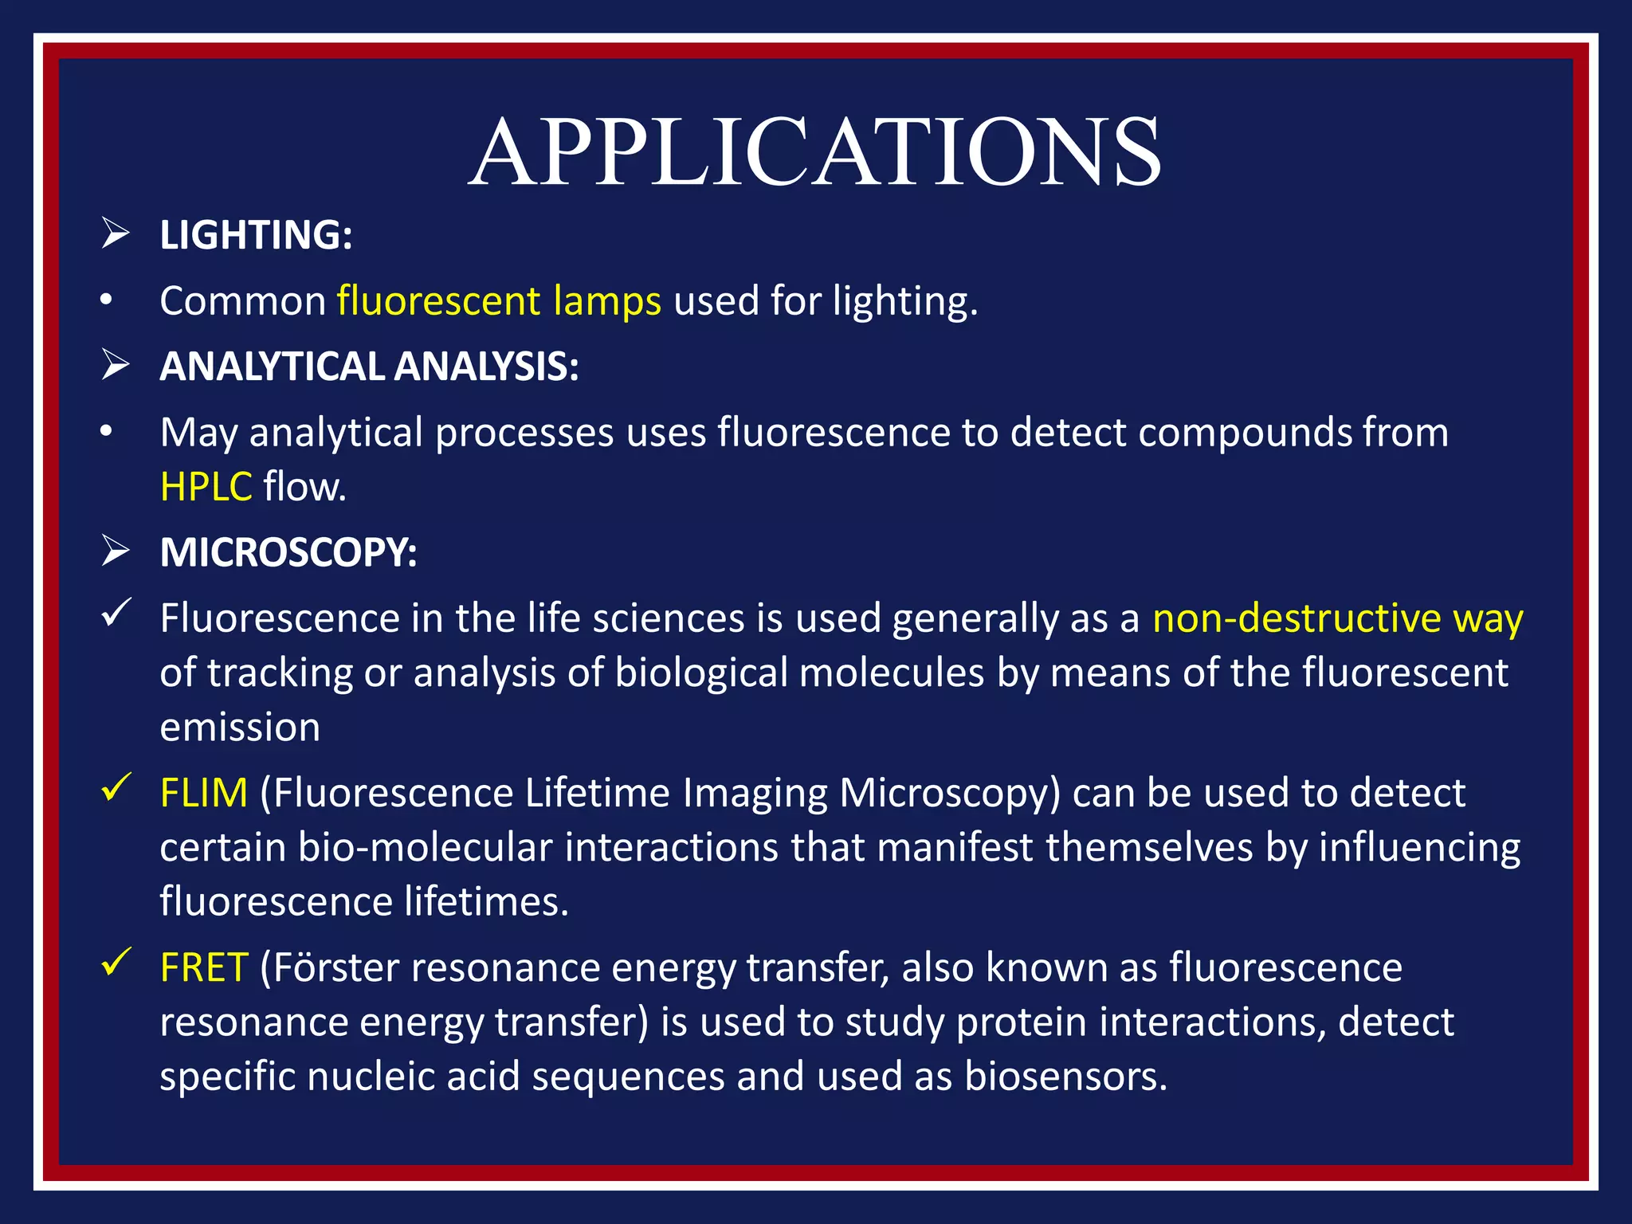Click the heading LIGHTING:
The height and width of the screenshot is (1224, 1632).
tap(256, 235)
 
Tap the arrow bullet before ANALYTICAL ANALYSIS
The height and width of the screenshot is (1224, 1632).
tap(116, 366)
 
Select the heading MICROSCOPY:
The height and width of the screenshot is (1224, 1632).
tap(288, 552)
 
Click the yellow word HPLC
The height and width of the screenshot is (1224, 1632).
tap(206, 486)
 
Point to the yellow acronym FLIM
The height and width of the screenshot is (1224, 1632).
tap(204, 793)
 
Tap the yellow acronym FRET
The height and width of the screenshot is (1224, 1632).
tap(204, 967)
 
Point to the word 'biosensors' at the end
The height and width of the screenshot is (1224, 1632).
tap(1065, 1077)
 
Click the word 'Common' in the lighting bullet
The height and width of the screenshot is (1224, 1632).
tap(243, 301)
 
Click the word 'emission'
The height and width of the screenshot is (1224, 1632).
tap(240, 728)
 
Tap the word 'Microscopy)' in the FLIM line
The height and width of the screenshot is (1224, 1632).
tap(950, 794)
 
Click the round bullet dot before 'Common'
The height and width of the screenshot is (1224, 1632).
tap(106, 300)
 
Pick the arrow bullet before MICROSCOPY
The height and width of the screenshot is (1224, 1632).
tap(116, 551)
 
